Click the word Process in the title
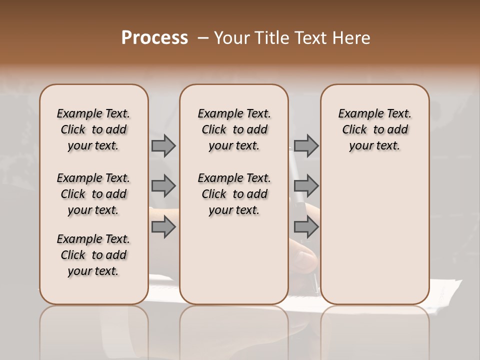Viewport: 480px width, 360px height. (154, 38)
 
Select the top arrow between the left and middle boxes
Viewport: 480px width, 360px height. (163, 145)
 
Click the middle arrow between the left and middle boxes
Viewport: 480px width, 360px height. (163, 186)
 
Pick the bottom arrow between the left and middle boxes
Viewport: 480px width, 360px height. (163, 227)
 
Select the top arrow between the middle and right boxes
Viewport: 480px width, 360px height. (306, 145)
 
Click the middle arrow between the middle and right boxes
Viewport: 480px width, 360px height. (306, 186)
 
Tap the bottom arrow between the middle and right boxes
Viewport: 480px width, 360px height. (306, 227)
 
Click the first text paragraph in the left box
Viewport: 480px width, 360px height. (93, 129)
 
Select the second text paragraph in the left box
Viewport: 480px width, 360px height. (93, 194)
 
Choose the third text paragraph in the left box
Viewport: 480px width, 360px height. (93, 255)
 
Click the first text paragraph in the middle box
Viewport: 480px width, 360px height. (234, 129)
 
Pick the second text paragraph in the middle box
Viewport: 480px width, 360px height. (234, 194)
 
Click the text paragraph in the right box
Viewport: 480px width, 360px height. (374, 129)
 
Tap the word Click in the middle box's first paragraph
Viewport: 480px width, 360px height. (214, 130)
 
